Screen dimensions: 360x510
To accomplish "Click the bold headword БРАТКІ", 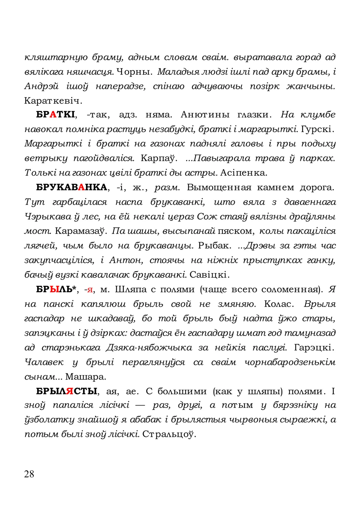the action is point(55,115).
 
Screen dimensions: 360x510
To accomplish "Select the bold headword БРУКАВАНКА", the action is point(72,187).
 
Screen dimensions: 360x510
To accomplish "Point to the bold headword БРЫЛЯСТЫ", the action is point(67,391).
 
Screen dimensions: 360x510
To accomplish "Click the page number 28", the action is point(29,474).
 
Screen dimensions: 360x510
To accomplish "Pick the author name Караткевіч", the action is point(53,100).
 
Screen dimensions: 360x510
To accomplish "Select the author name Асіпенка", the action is point(244,173).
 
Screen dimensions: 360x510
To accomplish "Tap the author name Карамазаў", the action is point(81,231).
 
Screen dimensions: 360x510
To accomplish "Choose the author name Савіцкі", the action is point(209,275).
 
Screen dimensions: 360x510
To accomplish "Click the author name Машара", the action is point(85,376).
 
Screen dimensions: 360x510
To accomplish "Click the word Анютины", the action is point(205,115).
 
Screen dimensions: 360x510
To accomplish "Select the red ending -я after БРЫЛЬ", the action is point(89,289).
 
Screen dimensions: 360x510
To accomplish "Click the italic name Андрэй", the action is point(41,86).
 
